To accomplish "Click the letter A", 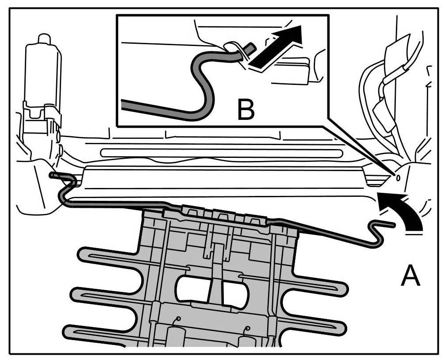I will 410,277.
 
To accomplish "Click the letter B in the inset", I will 246,110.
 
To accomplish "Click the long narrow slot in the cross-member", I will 221,153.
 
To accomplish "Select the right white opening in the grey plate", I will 236,292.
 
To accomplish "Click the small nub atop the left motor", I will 43,39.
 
